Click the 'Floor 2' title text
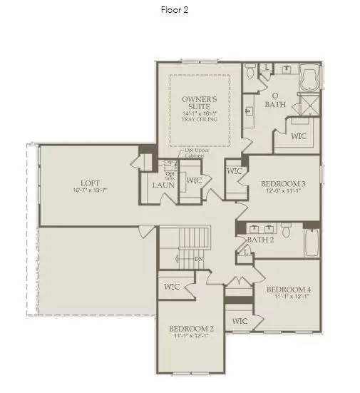[175, 10]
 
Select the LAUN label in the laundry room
[163, 185]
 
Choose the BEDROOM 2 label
[191, 329]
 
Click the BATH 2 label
[262, 240]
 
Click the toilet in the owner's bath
[250, 72]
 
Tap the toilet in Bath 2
[286, 230]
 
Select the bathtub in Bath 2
[312, 243]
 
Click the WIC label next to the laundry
[194, 180]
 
